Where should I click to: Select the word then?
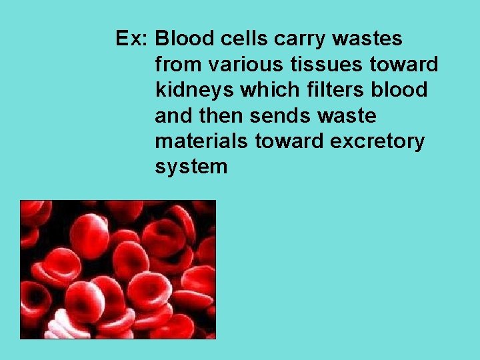tap(223, 116)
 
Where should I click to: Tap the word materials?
tap(197, 141)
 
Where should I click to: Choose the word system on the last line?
tap(191, 167)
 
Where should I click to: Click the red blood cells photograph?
tap(118, 269)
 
